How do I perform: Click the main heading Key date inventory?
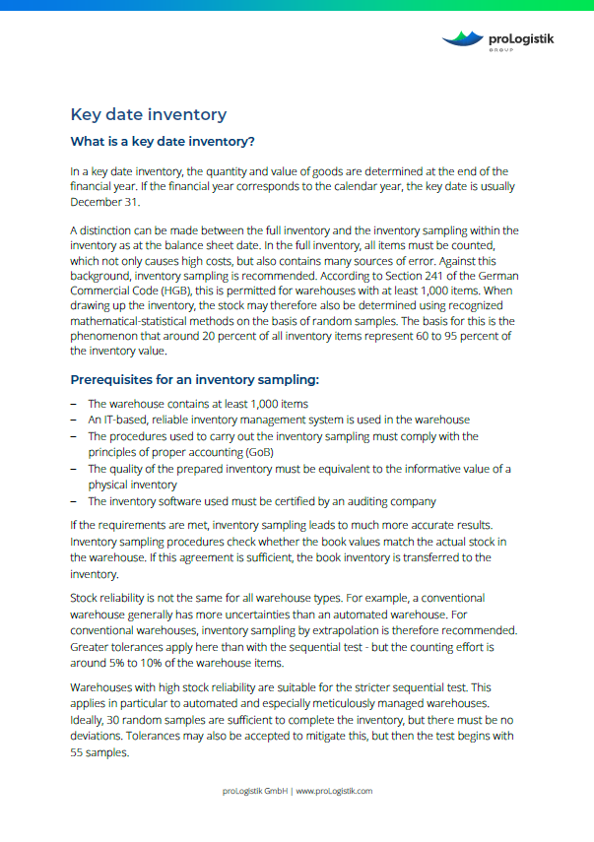[x=149, y=114]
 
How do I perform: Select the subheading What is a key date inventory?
[x=163, y=141]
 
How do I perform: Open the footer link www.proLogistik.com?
[x=334, y=791]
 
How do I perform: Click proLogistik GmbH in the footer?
[x=252, y=791]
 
